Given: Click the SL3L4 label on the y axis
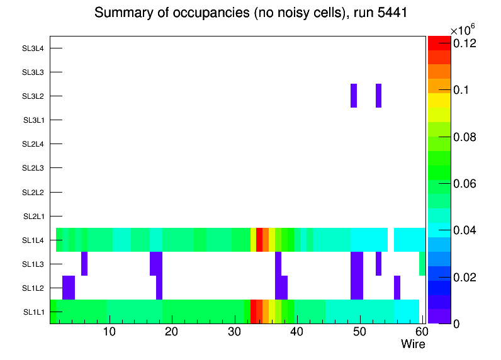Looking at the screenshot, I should [33, 48].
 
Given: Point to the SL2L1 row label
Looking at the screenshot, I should [33, 217].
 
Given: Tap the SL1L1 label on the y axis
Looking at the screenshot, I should [33, 312].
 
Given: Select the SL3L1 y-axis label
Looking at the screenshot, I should [33, 120].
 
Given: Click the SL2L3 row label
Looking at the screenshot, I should [33, 168].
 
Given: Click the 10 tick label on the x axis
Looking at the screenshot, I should [110, 332].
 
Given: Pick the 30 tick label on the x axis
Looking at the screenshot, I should [234, 332].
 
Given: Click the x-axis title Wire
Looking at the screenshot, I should [413, 344].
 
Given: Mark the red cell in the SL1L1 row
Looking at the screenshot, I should [253, 312].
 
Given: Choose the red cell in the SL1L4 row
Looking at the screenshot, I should [259, 240].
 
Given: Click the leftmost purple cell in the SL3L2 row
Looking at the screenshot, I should [354, 96].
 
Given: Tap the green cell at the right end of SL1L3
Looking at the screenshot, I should [422, 264].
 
